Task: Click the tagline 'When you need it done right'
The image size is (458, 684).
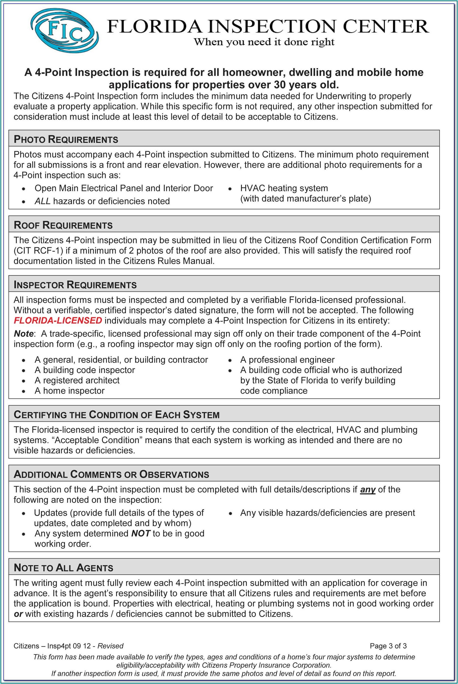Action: (x=264, y=42)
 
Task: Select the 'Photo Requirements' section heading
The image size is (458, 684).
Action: (x=66, y=139)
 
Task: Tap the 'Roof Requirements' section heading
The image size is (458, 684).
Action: (x=63, y=225)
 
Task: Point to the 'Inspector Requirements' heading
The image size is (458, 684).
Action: (x=75, y=285)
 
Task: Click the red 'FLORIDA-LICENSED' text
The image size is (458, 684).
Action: (x=58, y=320)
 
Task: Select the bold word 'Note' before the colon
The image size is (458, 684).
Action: (x=23, y=334)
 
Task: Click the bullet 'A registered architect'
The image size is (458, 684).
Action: (x=77, y=380)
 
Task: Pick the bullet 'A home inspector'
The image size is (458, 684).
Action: (x=70, y=391)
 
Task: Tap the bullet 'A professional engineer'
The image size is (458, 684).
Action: (x=287, y=360)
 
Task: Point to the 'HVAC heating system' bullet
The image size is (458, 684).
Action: (x=284, y=188)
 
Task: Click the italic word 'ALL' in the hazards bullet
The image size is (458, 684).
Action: (x=42, y=201)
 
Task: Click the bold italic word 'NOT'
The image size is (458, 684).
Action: (x=141, y=533)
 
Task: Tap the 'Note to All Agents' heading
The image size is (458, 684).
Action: (x=63, y=568)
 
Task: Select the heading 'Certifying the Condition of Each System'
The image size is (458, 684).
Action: (x=117, y=415)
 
